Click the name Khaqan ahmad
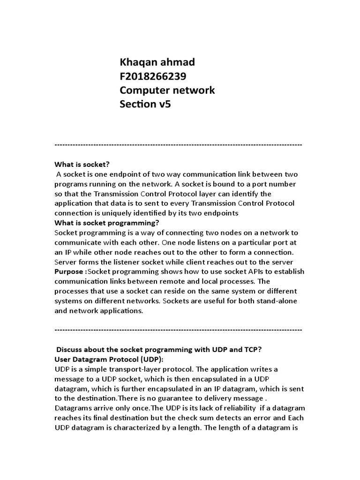pos(157,62)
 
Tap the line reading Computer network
pos(167,90)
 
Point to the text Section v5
pos(145,104)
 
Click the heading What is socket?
pos(82,164)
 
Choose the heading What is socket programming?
pos(107,223)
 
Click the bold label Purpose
pos(69,271)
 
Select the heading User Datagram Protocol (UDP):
pos(109,359)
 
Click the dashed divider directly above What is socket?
pos(178,144)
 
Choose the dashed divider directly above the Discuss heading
pos(178,330)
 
